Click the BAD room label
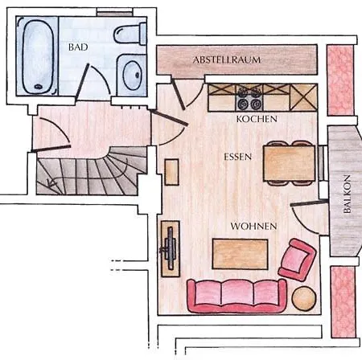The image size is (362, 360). point(78,47)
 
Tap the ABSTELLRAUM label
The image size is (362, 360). point(227,59)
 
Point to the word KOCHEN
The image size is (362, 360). point(257,119)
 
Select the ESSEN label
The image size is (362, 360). point(237,157)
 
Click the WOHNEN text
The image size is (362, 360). point(253,227)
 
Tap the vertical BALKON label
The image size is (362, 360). point(347,194)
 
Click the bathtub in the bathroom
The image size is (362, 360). point(37,55)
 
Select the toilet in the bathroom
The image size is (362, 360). point(130,34)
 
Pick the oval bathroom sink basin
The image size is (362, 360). point(132,76)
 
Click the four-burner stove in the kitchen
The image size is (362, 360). point(249,98)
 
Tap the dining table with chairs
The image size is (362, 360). point(289,163)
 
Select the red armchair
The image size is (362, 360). point(297,260)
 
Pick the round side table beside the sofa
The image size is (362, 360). point(304,298)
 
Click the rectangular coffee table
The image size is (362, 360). point(240,254)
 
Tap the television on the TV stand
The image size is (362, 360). point(170,247)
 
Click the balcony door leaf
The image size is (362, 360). point(310,202)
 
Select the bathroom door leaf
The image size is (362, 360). point(82,82)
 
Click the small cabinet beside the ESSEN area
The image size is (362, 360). point(171,172)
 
